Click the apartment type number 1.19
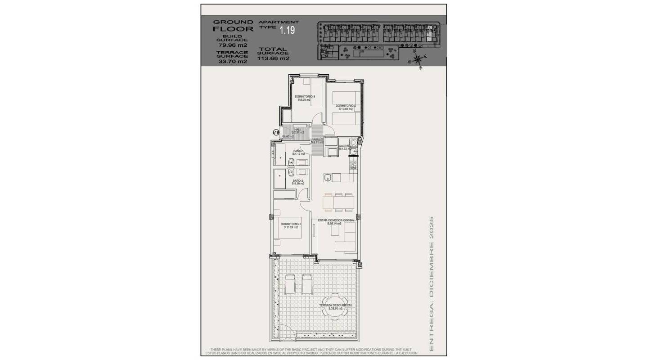pos(287,31)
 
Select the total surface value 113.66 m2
pos(273,58)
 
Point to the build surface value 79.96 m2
pos(232,45)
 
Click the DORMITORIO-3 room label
pos(305,97)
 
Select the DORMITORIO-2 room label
pos(345,106)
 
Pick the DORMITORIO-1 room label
pos(291,224)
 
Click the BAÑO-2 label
pos(298,180)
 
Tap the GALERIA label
pos(345,146)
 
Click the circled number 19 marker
pos(276,132)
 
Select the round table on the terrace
pos(334,306)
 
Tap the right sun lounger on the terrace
pos(307,284)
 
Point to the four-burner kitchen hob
pos(353,165)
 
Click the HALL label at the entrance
pos(297,130)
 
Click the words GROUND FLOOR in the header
pos(233,25)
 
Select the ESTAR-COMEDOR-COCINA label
pos(336,220)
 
